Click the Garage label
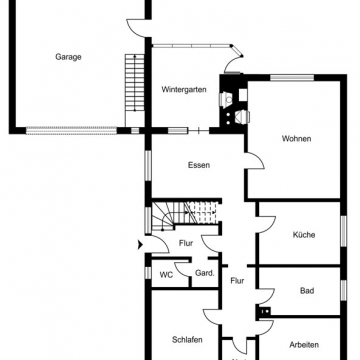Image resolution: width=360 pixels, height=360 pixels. [68, 57]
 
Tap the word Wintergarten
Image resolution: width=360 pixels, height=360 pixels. [184, 90]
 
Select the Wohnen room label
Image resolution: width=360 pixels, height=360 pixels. [296, 139]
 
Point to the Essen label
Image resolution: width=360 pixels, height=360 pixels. [198, 166]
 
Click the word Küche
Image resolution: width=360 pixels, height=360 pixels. [304, 235]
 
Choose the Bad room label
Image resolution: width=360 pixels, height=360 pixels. [307, 291]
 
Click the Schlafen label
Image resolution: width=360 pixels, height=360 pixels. [187, 340]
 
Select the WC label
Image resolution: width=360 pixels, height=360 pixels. [166, 273]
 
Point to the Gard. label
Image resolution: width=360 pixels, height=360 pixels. [203, 273]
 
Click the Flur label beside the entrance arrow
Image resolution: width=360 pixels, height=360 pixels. [185, 243]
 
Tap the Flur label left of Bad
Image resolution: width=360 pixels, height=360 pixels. [237, 281]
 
